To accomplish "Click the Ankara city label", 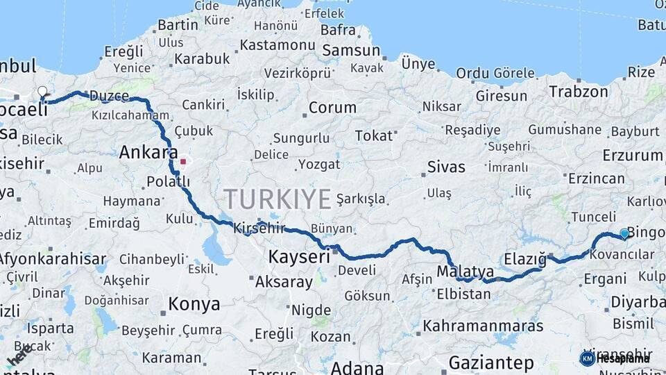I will pos(148,152).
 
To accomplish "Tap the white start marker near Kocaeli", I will pos(43,92).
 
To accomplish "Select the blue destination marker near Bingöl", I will pos(624,234).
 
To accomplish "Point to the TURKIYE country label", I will pos(277,199).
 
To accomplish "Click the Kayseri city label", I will pos(299,257).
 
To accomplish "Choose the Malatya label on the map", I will pos(466,272).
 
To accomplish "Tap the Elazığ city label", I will pos(525,259).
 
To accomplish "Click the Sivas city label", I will pos(446,167).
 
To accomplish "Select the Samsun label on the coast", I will pos(351,50).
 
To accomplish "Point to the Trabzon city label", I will pos(579,91).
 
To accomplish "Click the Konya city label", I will pos(194,304).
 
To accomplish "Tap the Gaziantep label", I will pos(491,362).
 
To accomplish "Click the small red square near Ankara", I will pos(183,162).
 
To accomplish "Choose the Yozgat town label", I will pos(319,165).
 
